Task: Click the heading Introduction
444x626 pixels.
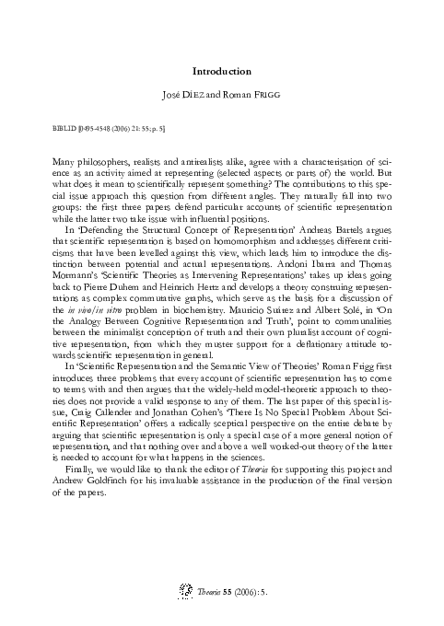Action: pyautogui.click(x=222, y=71)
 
